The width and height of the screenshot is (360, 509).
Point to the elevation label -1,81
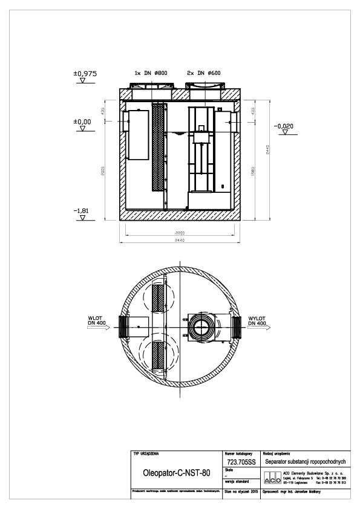[x=82, y=210]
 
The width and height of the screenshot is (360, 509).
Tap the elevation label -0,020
[x=283, y=126]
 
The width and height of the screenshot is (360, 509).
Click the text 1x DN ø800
[x=151, y=73]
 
